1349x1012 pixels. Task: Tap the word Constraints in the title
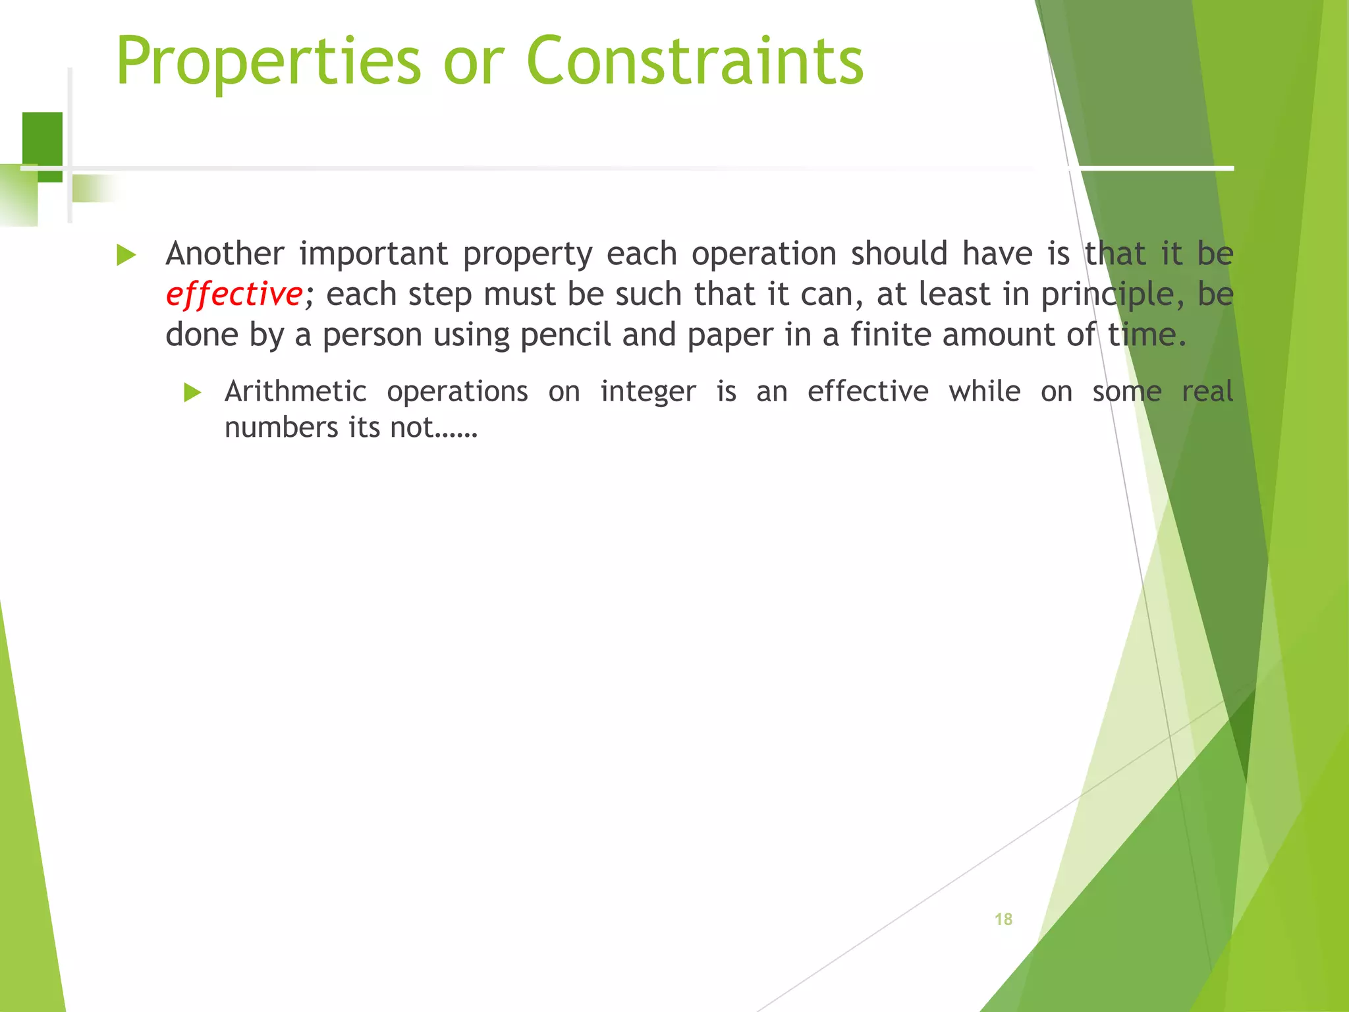695,61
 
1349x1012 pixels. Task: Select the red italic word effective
234,294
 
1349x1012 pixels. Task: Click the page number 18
1003,919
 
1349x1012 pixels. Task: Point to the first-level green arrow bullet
126,255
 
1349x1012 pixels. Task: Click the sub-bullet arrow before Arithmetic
192,393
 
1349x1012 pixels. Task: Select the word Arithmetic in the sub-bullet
295,391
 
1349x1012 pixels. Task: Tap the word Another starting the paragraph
225,254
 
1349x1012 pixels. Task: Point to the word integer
648,391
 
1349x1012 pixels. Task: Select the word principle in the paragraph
1107,295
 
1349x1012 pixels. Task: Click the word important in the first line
373,254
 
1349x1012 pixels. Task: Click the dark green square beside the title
42,138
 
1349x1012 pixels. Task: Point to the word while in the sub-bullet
985,391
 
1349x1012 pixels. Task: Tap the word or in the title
474,61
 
